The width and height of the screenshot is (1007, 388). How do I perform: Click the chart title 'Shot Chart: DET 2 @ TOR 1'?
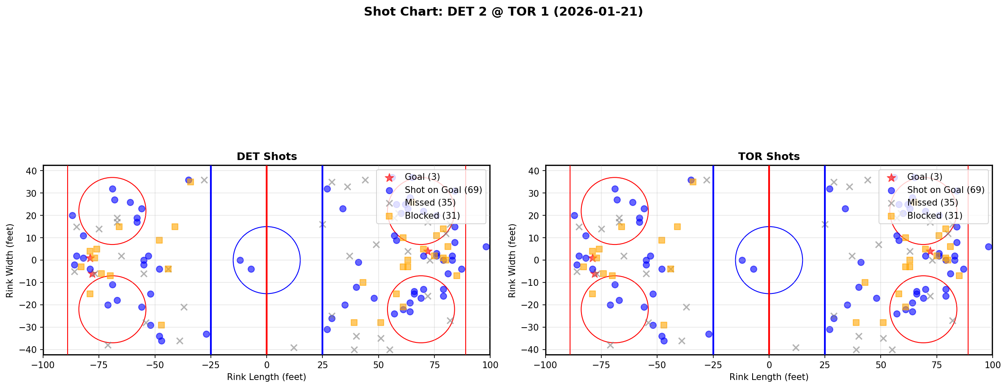[x=503, y=11]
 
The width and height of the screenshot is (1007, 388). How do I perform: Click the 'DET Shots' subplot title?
[x=267, y=157]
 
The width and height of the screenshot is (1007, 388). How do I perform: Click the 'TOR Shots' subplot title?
[x=769, y=157]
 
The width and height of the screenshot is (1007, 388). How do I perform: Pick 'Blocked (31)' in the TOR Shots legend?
[x=935, y=216]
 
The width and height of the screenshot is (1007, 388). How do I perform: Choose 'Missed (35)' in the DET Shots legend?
[x=430, y=203]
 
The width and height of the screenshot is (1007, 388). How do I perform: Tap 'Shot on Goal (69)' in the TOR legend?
[x=946, y=190]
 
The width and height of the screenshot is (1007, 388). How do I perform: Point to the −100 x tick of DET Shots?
[x=43, y=365]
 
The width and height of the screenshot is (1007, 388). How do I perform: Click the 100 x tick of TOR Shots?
[x=992, y=365]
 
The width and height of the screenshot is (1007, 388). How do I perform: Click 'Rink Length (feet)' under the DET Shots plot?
[x=267, y=377]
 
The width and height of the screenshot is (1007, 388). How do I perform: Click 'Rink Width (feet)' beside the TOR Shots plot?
[x=512, y=260]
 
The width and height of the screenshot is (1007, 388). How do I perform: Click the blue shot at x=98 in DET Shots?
[x=486, y=247]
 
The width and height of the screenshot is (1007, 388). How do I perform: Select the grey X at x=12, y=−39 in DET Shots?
[x=294, y=347]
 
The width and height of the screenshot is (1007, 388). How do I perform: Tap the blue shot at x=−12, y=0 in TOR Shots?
[x=742, y=260]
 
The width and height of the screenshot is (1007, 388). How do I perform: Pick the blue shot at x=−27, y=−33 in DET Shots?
[x=206, y=334]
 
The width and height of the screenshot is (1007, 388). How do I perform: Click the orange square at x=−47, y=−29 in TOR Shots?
[x=664, y=325]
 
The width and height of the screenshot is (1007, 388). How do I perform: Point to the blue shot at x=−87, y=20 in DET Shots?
[x=72, y=215]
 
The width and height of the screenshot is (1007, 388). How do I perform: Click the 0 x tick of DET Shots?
[x=267, y=365]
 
